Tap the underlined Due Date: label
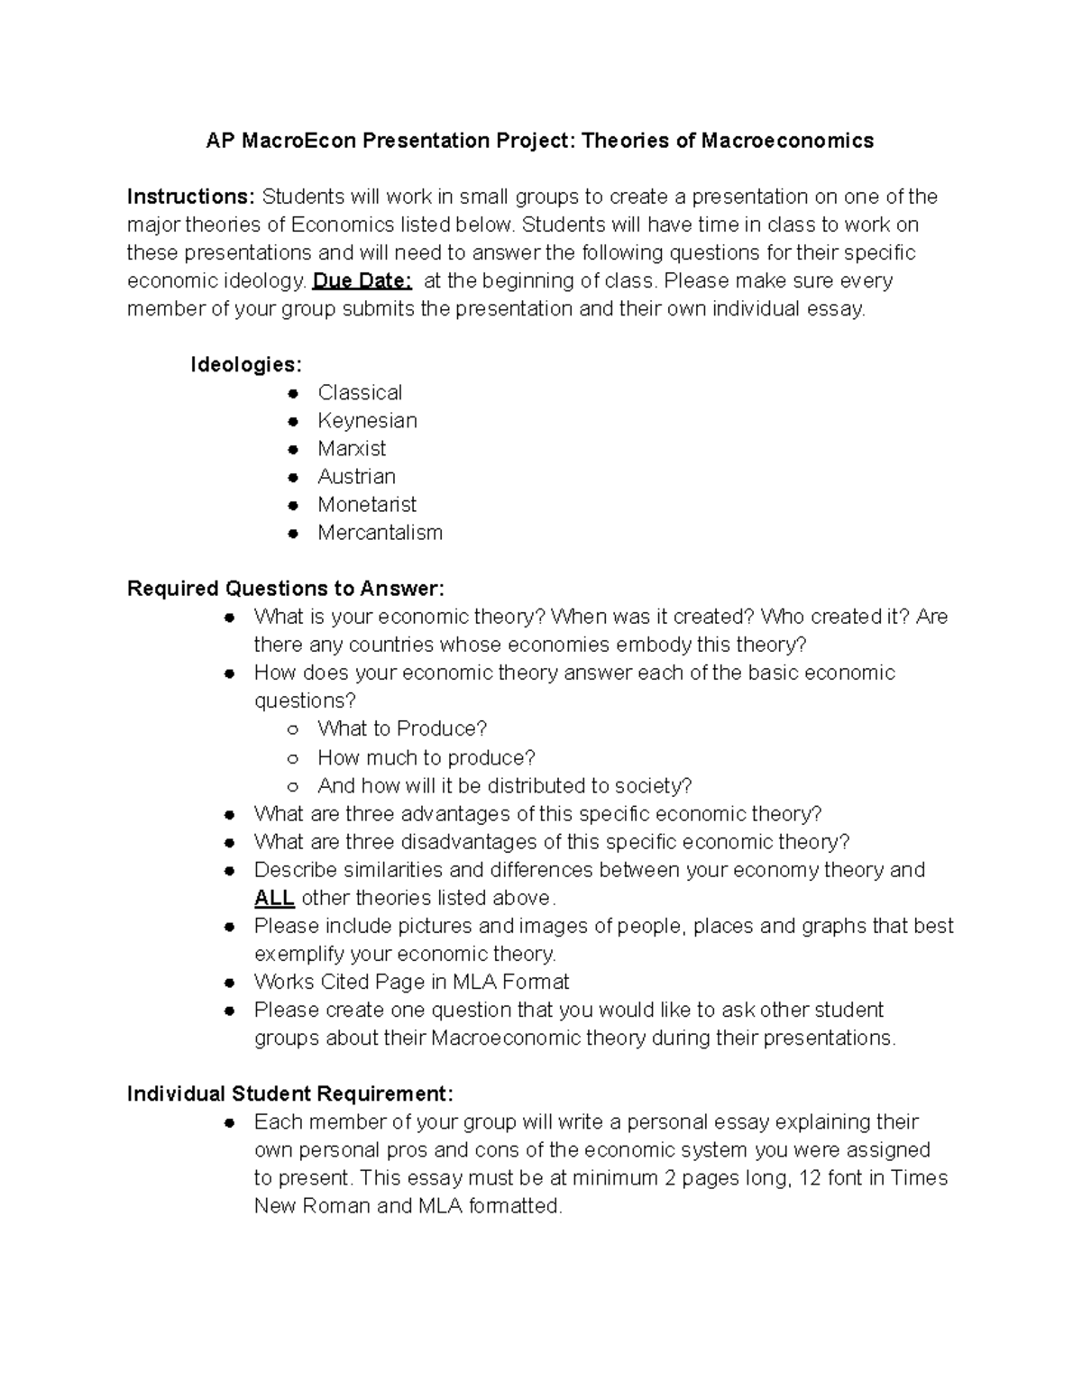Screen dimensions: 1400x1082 click(x=362, y=280)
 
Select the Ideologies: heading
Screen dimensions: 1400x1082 click(x=245, y=364)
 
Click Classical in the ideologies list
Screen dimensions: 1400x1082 click(x=360, y=392)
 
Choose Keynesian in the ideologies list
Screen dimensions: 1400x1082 click(x=367, y=420)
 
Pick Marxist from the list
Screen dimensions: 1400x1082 click(x=352, y=448)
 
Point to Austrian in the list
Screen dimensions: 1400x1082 click(x=356, y=476)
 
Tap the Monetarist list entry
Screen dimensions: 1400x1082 click(x=367, y=504)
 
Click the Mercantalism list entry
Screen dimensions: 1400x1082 click(x=380, y=532)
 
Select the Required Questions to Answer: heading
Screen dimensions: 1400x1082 click(x=286, y=589)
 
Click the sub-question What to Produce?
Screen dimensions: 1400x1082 click(x=402, y=728)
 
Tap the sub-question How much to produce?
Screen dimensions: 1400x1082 click(x=426, y=757)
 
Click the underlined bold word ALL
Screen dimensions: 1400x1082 click(x=274, y=898)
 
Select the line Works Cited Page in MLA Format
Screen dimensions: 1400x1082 click(x=411, y=982)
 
